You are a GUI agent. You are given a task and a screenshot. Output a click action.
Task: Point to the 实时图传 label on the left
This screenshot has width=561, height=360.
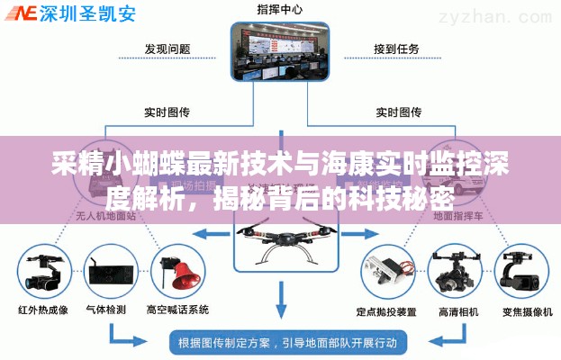[167, 112]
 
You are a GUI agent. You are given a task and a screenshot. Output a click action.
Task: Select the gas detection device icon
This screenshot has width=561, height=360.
[107, 269]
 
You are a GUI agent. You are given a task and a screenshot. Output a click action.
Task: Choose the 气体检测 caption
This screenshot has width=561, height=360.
[106, 310]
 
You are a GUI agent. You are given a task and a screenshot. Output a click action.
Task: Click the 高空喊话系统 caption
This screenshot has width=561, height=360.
[177, 310]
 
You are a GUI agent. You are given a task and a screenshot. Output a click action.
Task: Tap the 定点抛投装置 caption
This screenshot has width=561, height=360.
[385, 311]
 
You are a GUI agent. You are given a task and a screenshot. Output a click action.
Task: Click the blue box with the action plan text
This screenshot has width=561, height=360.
[288, 342]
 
